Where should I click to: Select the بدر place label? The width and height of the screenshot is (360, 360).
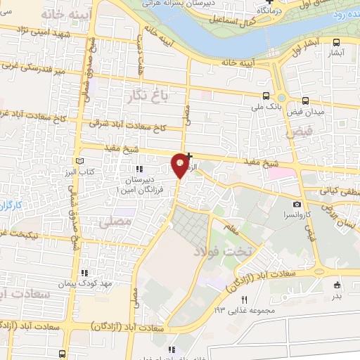[x=337, y=295]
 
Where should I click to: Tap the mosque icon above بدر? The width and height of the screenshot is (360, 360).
[x=337, y=285]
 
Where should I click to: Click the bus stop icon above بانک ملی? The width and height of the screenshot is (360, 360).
[x=266, y=96]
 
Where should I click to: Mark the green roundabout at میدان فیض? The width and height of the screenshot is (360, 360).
[x=281, y=98]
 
